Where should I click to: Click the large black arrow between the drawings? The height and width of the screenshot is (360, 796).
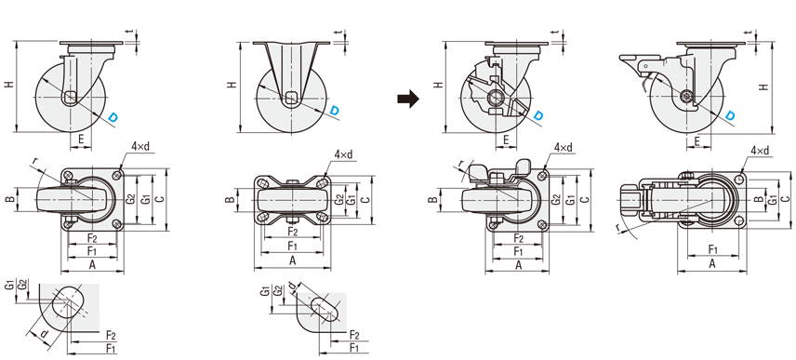point(408,99)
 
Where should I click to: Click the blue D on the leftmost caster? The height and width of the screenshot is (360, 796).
point(113,117)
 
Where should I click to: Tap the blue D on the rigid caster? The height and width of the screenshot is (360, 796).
point(335,110)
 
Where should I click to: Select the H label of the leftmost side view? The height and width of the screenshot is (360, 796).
point(9,85)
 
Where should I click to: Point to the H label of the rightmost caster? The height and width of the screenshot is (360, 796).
point(763,87)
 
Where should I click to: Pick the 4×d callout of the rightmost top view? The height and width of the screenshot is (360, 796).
point(760,151)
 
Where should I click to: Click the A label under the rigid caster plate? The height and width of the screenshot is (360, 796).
point(292,260)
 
